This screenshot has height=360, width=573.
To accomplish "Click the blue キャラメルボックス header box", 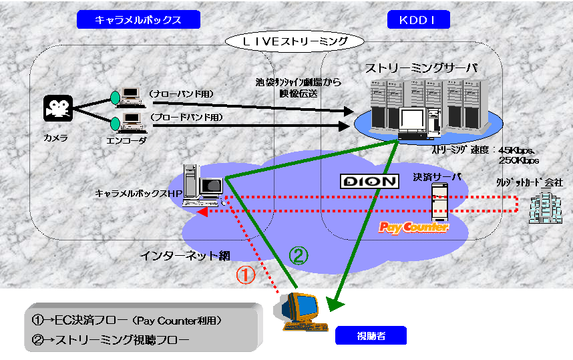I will pos(139,20).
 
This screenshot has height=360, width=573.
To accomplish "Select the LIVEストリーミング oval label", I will pos(295,41).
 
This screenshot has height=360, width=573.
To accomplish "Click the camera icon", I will pos(58,108).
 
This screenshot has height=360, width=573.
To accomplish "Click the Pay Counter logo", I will pos(413,228).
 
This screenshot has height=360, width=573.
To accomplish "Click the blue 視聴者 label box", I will pos(370,336).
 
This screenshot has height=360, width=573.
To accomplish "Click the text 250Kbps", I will pos(519,161).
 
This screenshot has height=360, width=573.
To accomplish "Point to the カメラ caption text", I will pos(51,137).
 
